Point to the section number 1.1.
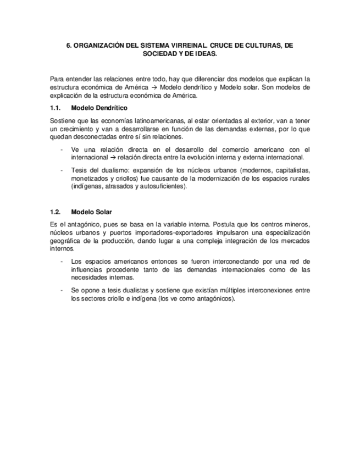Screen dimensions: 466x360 click(x=55, y=108)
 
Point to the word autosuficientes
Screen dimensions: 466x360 click(x=162, y=186)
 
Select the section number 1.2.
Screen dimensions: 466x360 click(x=55, y=212)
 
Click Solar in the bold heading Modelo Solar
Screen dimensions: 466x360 click(x=103, y=212)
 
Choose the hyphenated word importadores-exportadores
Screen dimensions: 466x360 click(x=153, y=232)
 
